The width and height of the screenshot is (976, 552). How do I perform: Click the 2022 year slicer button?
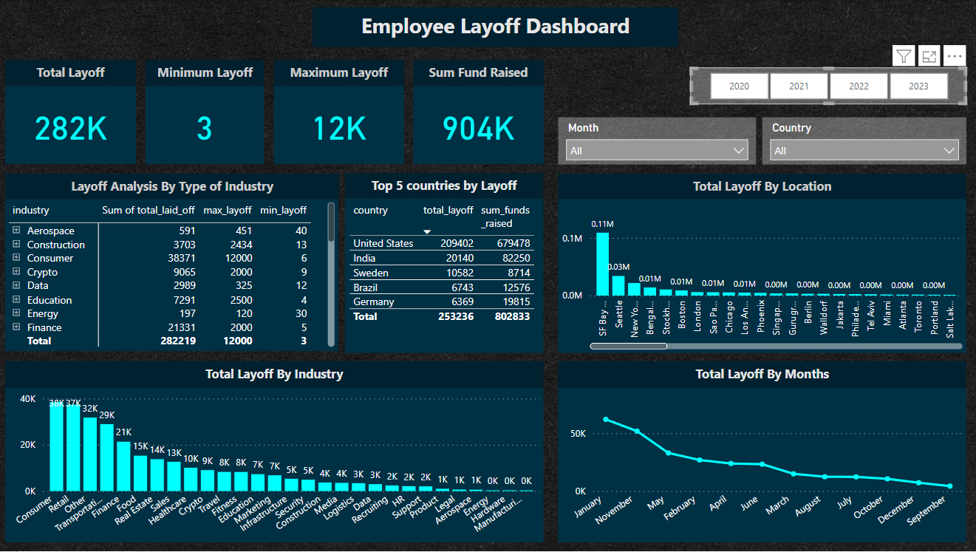coord(859,86)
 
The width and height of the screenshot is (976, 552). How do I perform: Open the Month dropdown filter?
coord(657,151)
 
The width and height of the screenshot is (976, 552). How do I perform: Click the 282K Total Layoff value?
coord(71,129)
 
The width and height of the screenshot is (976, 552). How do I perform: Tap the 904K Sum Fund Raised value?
coord(478,129)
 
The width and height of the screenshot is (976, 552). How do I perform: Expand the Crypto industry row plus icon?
coord(16,272)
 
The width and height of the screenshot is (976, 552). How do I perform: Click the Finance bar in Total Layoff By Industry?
coord(123,466)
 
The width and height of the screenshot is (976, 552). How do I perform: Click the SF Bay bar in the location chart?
coord(603,264)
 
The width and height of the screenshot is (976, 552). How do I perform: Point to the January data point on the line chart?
coord(606,419)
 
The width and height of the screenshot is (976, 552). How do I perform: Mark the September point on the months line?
coord(949,486)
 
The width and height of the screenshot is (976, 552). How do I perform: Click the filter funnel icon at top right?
coord(904,56)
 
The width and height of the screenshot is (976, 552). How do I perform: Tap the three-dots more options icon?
coord(955,56)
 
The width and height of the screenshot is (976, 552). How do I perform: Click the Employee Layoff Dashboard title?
coord(495,27)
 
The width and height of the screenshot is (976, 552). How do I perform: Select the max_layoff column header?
coord(227,210)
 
